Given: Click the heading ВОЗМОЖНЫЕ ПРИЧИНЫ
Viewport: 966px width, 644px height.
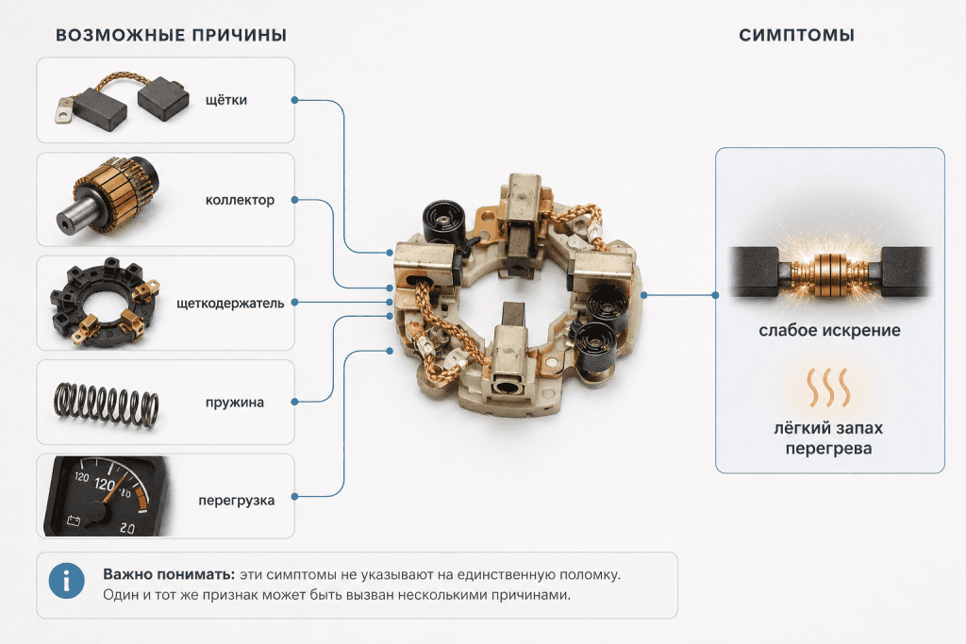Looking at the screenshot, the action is [172, 35].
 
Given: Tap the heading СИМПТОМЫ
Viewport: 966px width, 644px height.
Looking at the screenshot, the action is [796, 35].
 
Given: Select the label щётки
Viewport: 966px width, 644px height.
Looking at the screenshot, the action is [226, 100].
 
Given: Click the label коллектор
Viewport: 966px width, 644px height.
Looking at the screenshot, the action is [240, 200].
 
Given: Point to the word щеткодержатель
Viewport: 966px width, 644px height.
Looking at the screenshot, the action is [230, 304].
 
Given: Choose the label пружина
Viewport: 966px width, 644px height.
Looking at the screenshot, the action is [235, 403].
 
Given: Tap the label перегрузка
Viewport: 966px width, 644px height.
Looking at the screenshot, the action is [237, 501].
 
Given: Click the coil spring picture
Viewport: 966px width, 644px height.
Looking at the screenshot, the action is [106, 404].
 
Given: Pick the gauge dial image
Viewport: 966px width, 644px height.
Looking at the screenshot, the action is [106, 496].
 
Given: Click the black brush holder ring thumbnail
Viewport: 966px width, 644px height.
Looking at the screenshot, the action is [105, 301].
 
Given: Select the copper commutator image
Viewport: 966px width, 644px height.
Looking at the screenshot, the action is [108, 195].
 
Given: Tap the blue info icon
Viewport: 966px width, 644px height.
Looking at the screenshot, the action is [67, 581].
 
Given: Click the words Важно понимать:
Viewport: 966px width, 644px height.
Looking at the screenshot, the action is [169, 574].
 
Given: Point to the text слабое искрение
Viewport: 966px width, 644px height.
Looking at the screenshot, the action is [829, 331].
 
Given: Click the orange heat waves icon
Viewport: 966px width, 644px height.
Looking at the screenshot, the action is [828, 388].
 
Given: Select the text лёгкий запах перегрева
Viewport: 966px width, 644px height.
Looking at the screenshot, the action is [828, 438].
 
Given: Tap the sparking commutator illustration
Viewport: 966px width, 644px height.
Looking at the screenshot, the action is [830, 271].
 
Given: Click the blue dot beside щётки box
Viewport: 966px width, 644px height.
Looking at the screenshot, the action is [294, 100].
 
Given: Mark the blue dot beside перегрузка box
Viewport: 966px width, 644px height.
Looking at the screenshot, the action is [294, 496].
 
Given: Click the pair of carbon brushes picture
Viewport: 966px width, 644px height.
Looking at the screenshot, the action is [122, 101].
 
